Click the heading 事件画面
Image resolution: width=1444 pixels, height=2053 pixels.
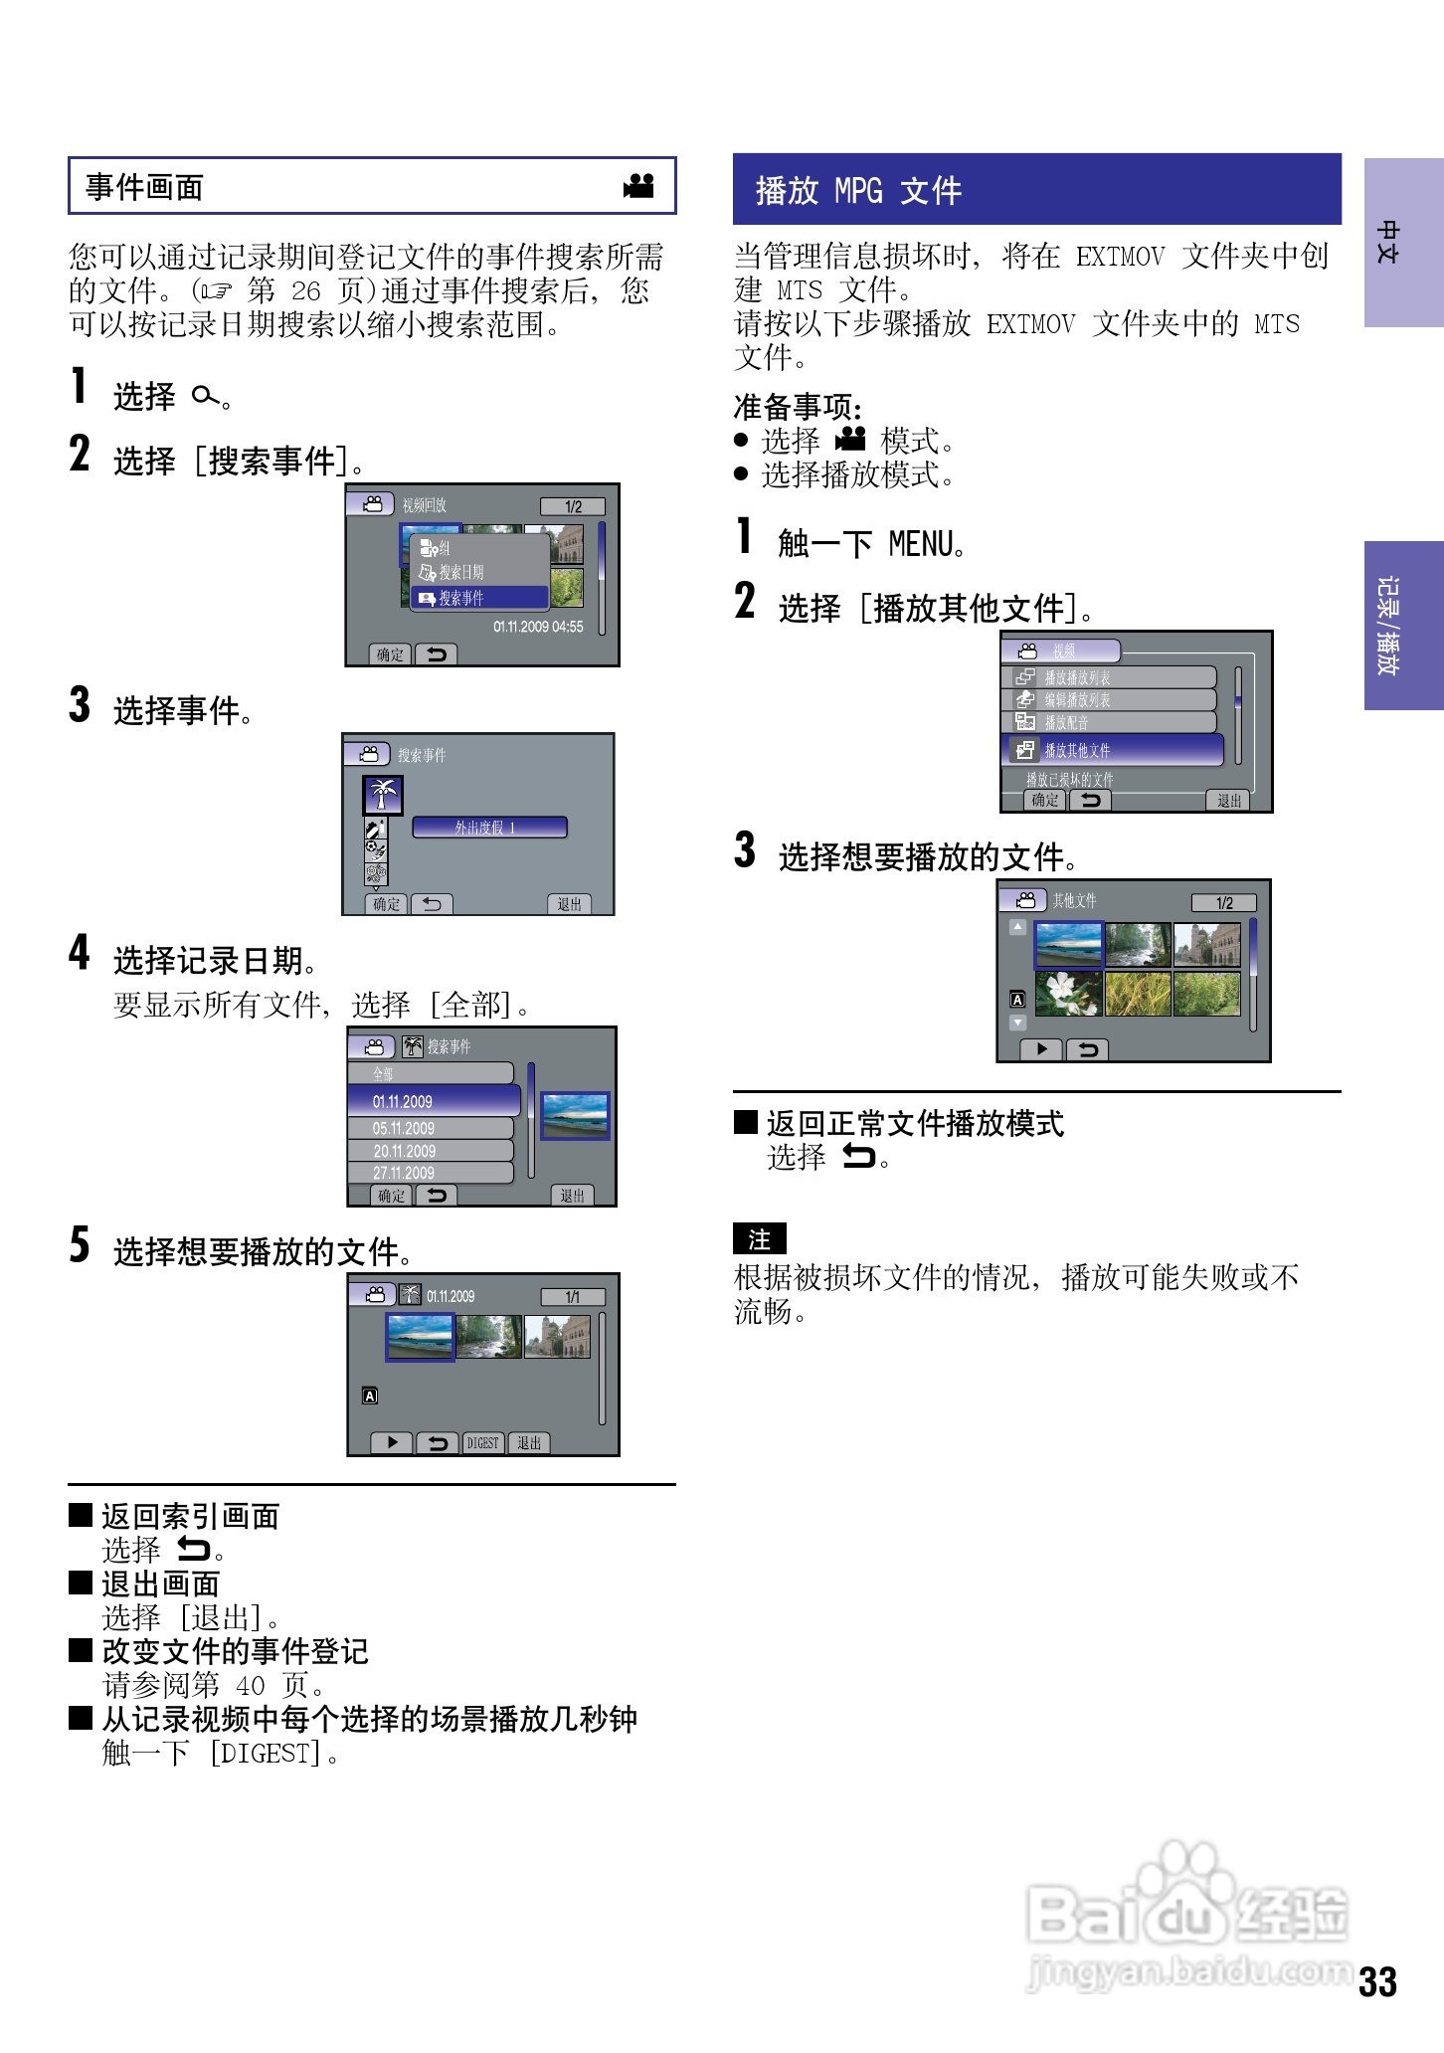point(145,186)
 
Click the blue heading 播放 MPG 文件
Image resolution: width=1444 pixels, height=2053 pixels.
point(858,190)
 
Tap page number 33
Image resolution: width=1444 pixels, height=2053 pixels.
point(1377,1982)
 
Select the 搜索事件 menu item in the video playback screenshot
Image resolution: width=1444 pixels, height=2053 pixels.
point(479,598)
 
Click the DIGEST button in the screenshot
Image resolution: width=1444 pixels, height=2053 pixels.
point(483,1443)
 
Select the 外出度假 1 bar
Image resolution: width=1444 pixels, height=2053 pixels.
point(488,827)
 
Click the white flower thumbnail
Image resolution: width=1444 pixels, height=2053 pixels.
point(1068,994)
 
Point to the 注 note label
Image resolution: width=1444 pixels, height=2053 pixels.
point(759,1239)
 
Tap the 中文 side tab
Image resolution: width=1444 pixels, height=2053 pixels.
point(1402,243)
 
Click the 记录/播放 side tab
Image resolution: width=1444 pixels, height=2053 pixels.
point(1402,625)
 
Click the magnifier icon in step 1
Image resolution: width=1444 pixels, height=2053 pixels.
point(205,397)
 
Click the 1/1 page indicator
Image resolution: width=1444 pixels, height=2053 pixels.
point(572,1297)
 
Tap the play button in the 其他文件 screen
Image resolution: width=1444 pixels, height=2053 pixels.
point(1041,1049)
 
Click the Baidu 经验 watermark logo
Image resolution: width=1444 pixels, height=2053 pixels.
point(1187,1915)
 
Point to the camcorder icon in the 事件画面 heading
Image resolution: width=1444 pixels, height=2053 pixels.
point(638,186)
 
